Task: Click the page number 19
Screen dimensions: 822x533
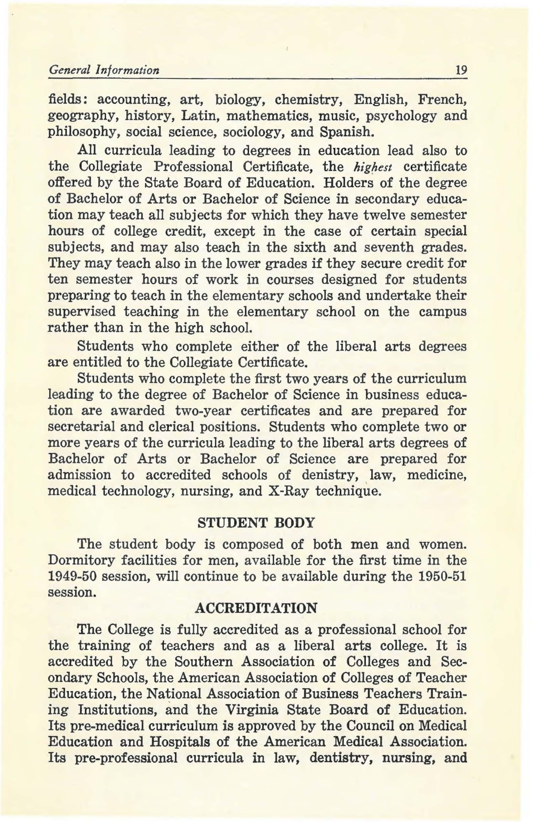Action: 462,71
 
